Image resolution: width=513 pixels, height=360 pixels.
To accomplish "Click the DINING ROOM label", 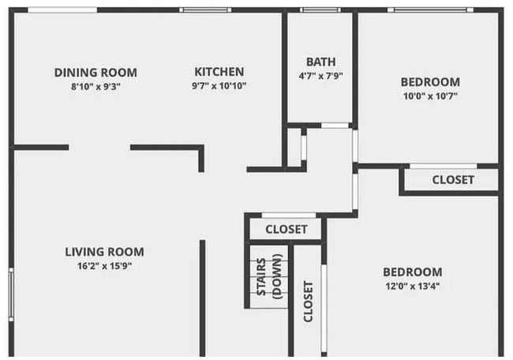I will [95, 72].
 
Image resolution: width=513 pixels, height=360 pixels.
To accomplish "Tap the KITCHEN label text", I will [219, 72].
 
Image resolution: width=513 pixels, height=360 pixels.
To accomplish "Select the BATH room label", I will [320, 62].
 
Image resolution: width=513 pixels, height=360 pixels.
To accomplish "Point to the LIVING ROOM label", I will [104, 252].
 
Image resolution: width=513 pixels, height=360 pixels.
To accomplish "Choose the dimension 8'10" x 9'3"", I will [95, 86].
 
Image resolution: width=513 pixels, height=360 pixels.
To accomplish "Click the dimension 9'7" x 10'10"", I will [219, 86].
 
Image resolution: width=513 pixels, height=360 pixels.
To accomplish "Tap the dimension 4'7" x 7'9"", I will [320, 77].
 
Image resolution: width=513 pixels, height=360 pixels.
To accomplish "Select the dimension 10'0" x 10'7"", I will [429, 96].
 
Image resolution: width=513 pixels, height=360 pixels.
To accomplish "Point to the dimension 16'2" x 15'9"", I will [104, 266].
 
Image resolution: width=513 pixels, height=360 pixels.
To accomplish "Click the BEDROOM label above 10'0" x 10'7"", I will [429, 82].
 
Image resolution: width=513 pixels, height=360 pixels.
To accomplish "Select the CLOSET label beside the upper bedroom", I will [453, 180].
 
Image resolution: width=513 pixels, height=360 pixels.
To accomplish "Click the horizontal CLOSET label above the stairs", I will [286, 230].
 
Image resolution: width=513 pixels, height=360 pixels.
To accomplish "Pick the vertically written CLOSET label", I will [308, 301].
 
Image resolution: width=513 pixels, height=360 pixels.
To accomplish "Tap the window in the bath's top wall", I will [320, 10].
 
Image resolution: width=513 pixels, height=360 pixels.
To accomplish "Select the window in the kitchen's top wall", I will [204, 10].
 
